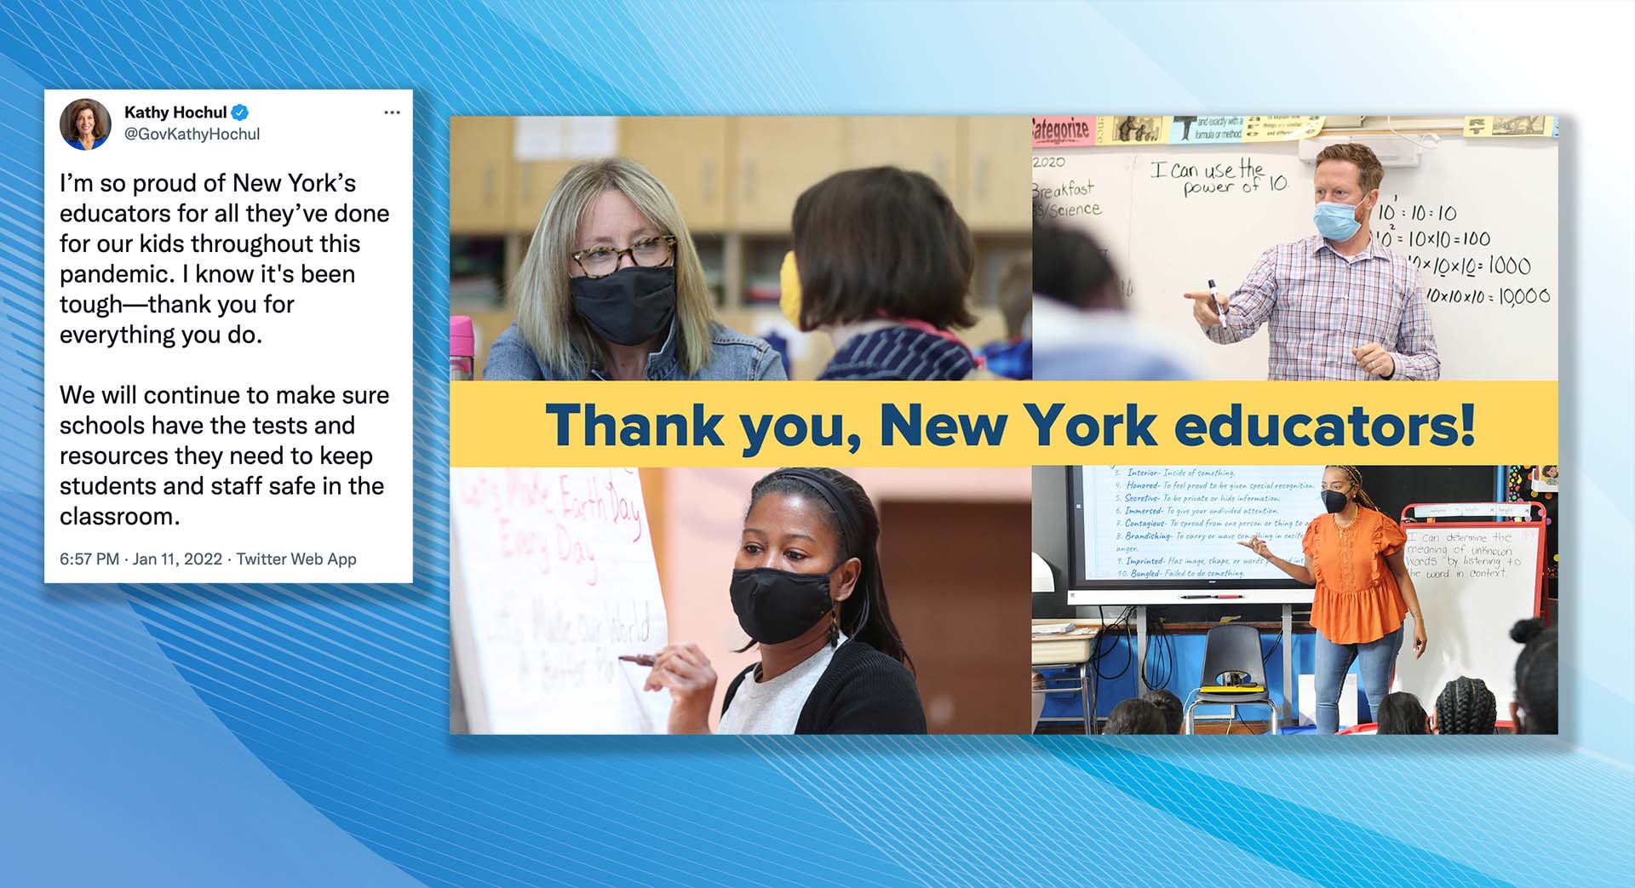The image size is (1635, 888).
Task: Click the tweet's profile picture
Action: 85,124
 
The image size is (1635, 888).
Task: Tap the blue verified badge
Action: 240,112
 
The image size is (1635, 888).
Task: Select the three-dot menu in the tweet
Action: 392,112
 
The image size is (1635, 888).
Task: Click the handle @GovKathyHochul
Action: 192,135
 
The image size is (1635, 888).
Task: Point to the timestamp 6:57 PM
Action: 89,559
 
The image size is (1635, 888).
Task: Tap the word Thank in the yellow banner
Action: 634,425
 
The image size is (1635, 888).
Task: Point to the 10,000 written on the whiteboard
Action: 1524,296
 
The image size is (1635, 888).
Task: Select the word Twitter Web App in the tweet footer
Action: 296,559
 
